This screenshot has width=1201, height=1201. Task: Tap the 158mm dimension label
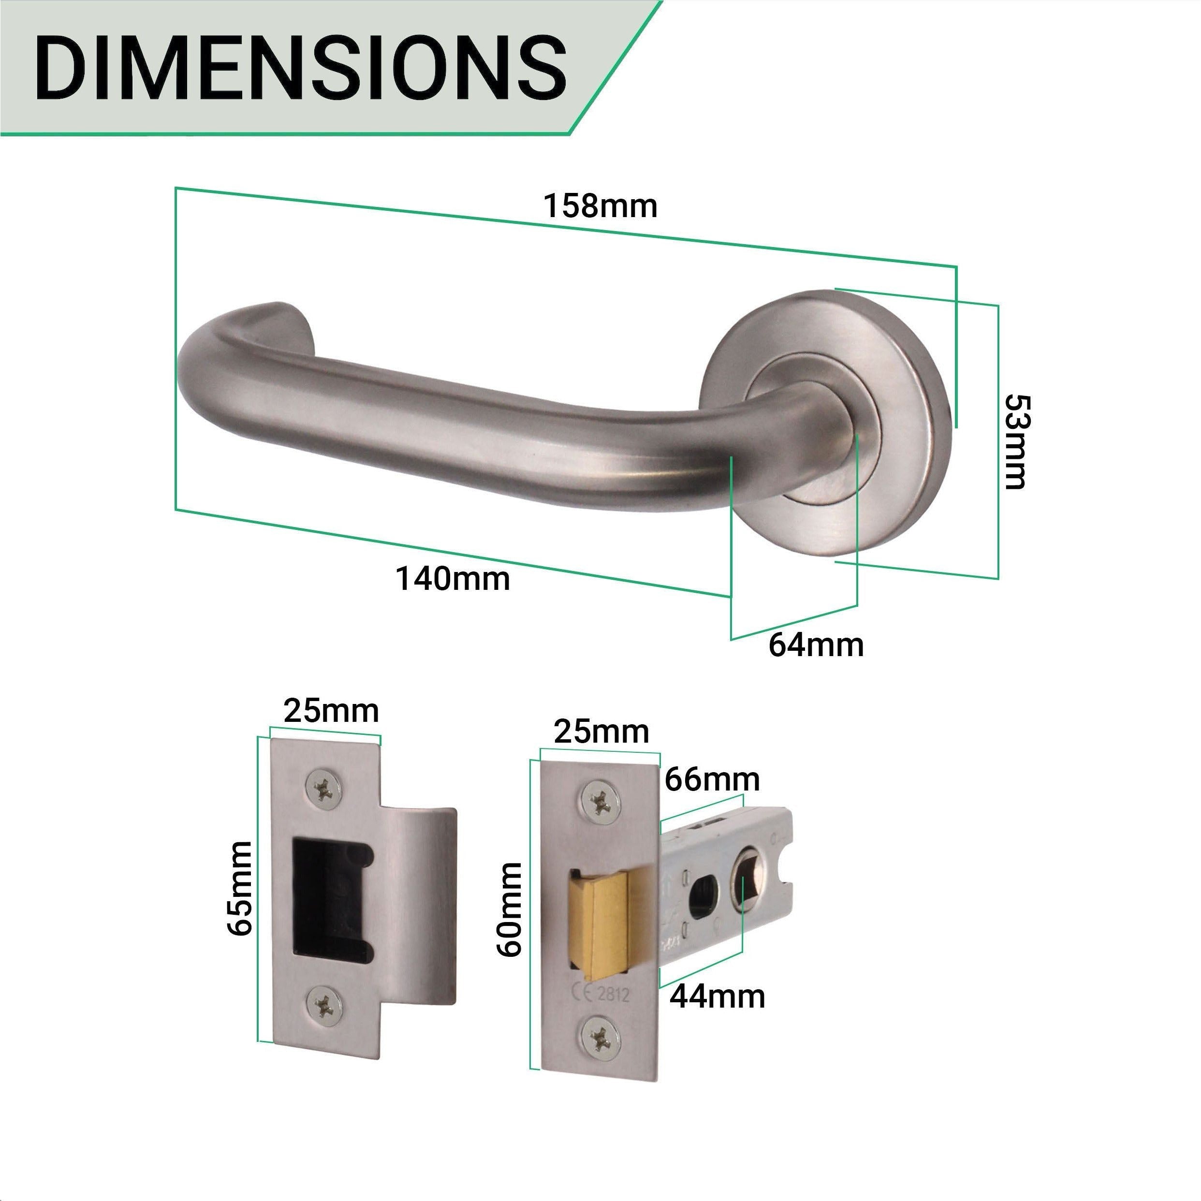(600, 206)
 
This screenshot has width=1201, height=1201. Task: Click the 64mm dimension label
(816, 645)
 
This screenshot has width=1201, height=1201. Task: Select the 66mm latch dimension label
(712, 779)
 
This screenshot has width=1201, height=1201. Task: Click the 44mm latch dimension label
(718, 996)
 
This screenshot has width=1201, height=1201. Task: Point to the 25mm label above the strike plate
(331, 711)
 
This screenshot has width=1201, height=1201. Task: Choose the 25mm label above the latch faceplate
(601, 732)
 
